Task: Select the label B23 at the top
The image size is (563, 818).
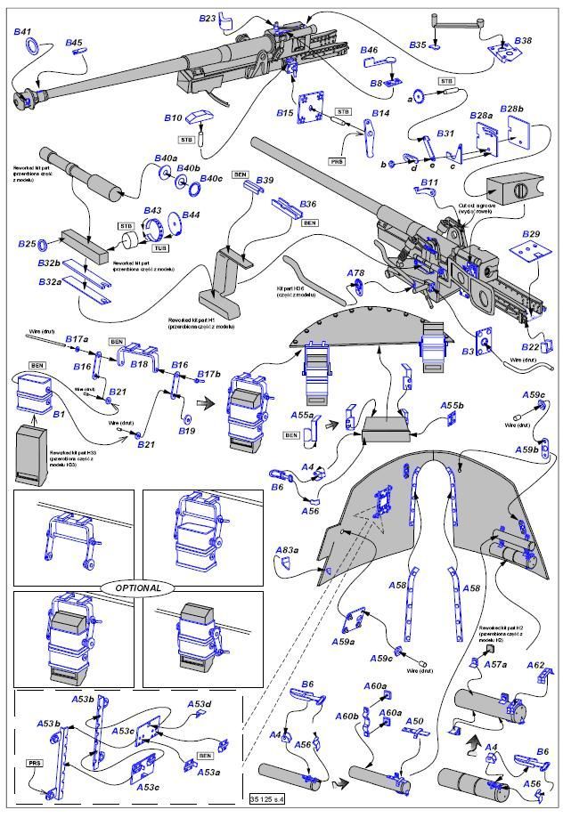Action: pyautogui.click(x=207, y=18)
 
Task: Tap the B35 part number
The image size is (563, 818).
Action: pyautogui.click(x=418, y=45)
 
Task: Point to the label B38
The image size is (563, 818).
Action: pyautogui.click(x=523, y=41)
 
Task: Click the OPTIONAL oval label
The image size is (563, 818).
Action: pyautogui.click(x=138, y=587)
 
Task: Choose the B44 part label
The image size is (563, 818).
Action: pyautogui.click(x=192, y=215)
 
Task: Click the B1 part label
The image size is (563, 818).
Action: pyautogui.click(x=60, y=415)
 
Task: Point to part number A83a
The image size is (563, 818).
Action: pyautogui.click(x=286, y=549)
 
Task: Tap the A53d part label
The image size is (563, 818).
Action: pyautogui.click(x=200, y=705)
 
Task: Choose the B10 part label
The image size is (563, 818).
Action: pyautogui.click(x=172, y=117)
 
